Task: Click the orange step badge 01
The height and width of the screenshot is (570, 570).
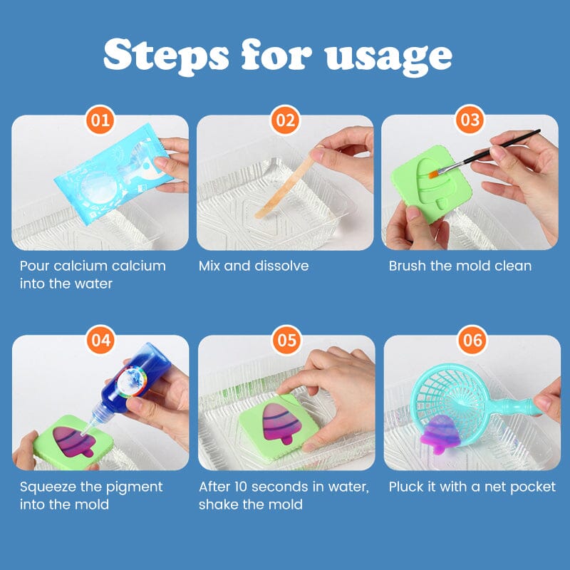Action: (x=100, y=120)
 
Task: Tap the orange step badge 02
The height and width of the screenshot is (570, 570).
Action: (x=285, y=120)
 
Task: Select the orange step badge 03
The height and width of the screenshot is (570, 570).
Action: (x=470, y=119)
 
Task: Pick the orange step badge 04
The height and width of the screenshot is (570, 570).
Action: (x=100, y=340)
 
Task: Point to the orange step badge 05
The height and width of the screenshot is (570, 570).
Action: (x=287, y=340)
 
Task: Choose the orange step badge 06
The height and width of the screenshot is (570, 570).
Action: (x=472, y=340)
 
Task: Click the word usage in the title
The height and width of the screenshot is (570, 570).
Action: (x=388, y=58)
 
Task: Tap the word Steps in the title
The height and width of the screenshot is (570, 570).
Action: (x=166, y=56)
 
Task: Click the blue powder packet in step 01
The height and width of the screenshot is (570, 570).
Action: (x=113, y=174)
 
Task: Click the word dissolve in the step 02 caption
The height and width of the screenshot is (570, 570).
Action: (x=281, y=266)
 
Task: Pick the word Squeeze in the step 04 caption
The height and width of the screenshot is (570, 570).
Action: (x=48, y=487)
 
